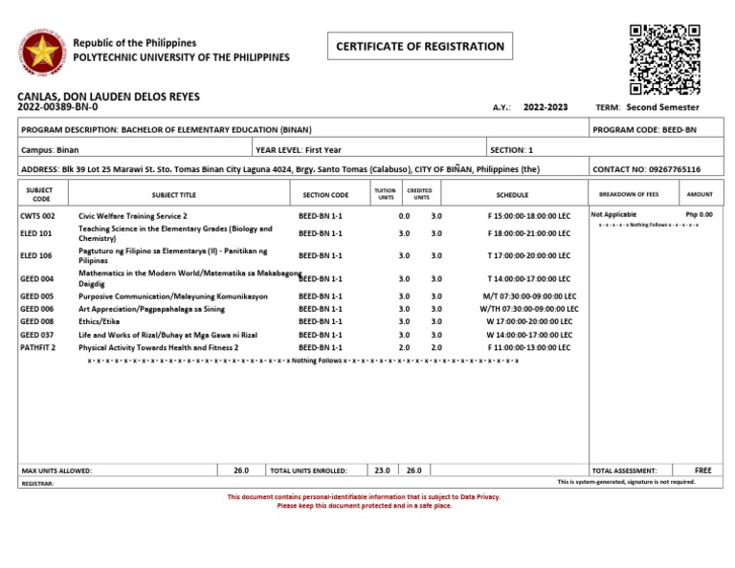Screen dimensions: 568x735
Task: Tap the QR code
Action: [664, 59]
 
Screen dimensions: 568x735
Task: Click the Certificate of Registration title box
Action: [420, 46]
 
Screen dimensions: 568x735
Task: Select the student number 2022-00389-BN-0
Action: [57, 107]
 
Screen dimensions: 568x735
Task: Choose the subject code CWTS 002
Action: [38, 216]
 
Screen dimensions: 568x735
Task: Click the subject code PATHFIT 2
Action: [38, 348]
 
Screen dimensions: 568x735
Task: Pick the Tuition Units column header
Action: [385, 194]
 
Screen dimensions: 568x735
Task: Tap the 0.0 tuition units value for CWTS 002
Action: [404, 216]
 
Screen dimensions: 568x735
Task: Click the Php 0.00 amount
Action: [699, 215]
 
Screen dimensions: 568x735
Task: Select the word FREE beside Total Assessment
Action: [703, 470]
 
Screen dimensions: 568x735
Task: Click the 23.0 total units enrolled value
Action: [382, 470]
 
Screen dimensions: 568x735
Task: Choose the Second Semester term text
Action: [662, 107]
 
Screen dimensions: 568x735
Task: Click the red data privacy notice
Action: [365, 501]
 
